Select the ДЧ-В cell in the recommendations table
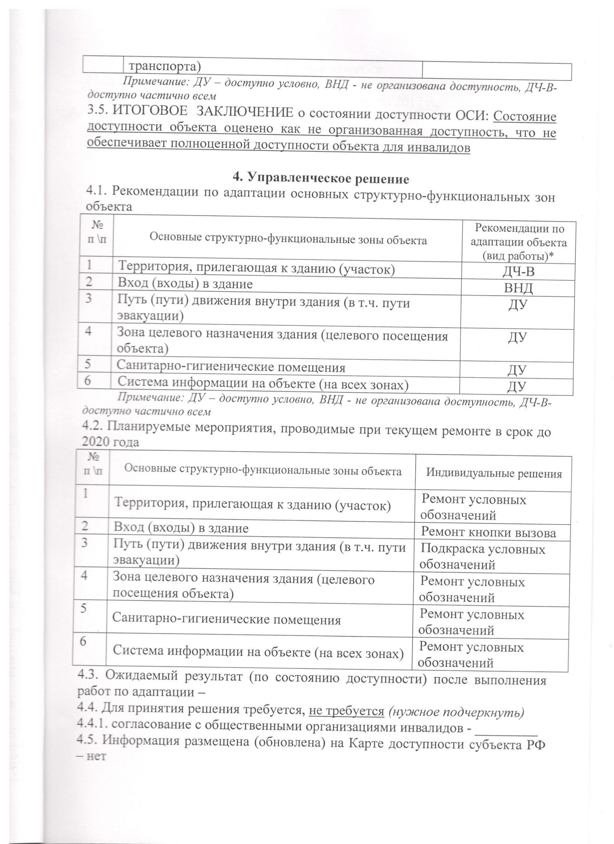(x=518, y=272)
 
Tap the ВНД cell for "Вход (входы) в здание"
(x=518, y=288)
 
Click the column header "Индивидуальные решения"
(x=494, y=474)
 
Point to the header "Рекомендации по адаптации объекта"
(x=518, y=242)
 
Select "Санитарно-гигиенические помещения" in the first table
(x=231, y=367)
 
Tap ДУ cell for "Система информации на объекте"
(x=516, y=387)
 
